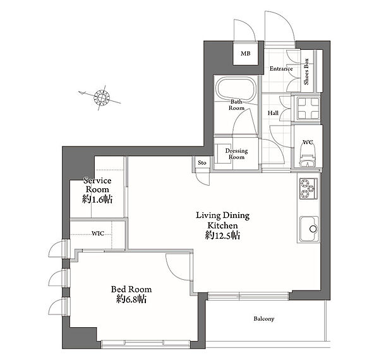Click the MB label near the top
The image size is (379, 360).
tap(245, 54)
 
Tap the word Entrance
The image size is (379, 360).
tap(281, 69)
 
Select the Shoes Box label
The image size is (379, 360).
tap(306, 71)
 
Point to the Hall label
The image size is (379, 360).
tap(273, 113)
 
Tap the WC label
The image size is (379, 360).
tap(308, 142)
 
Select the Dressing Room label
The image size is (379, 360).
tap(236, 154)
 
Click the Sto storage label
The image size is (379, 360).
tap(202, 162)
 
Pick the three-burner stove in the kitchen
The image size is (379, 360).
tap(309, 189)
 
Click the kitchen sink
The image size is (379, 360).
tap(309, 229)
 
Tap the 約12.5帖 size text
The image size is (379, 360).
tap(222, 236)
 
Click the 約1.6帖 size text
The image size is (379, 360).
tap(97, 200)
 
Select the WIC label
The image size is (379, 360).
tap(98, 234)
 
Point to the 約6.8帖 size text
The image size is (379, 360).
tap(131, 299)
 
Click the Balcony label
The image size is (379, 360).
tap(264, 319)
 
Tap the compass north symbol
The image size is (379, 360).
tap(102, 97)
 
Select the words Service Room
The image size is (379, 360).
tap(97, 185)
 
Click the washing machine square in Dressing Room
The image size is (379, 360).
tap(224, 153)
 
